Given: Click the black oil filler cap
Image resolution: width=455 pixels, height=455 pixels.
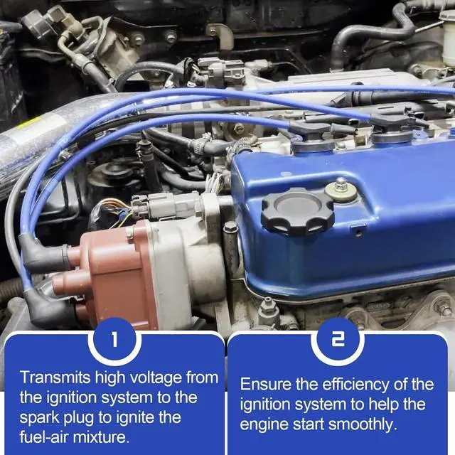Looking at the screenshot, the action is coord(297,211).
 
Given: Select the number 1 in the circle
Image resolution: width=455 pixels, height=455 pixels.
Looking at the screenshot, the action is coord(115,339).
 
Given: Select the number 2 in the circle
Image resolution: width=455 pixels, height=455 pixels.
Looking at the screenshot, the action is coord(338,339).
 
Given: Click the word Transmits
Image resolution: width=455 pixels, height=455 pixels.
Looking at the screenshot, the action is coord(55,378).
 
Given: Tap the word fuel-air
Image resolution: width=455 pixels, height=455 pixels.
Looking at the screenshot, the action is coord(43,437).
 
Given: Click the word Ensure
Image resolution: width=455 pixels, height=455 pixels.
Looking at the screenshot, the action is coord(265,385).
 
